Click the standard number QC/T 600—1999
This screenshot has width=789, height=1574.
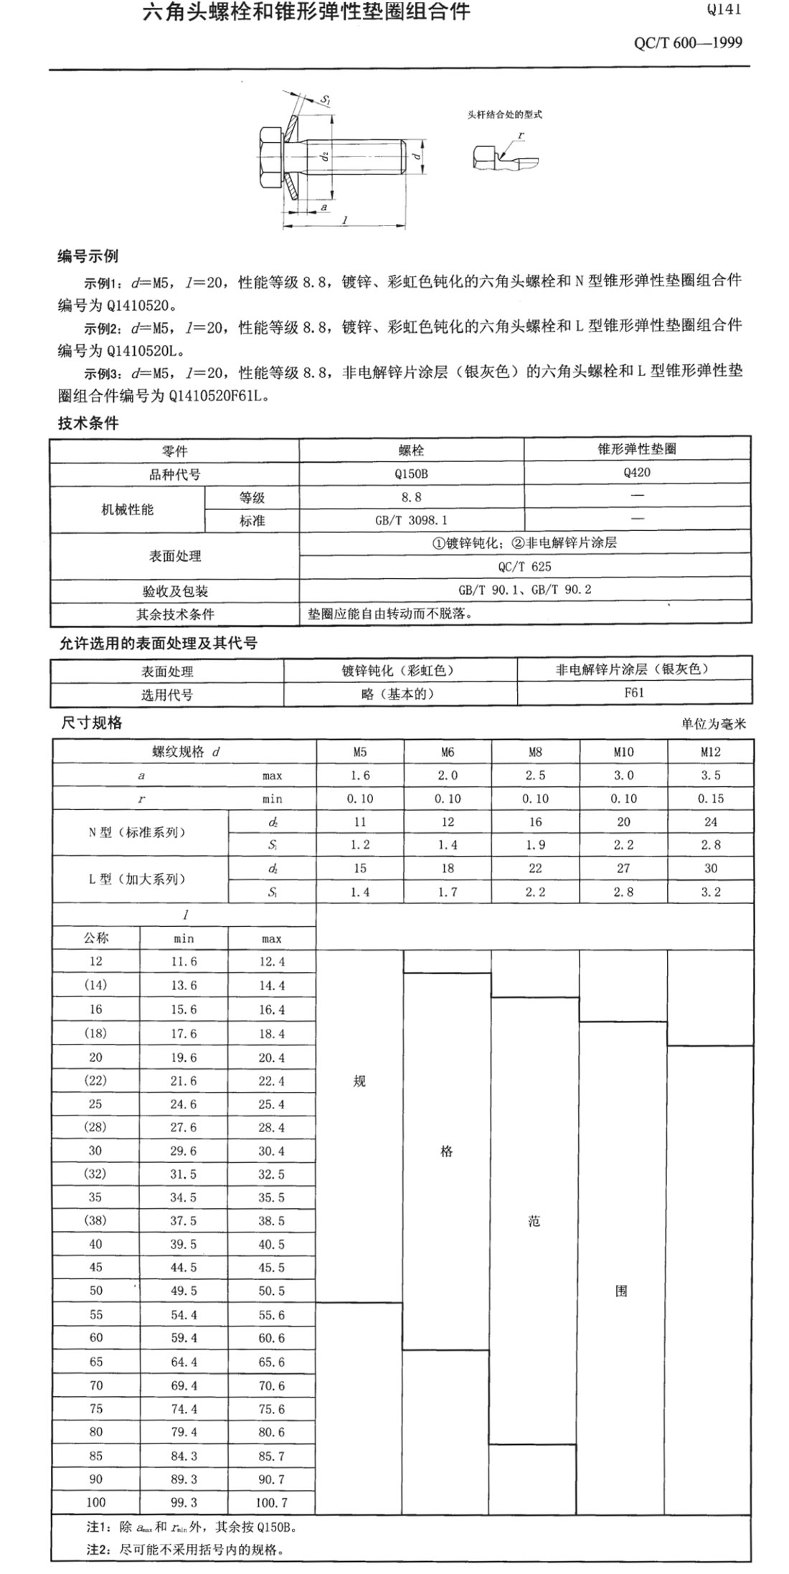[x=688, y=42]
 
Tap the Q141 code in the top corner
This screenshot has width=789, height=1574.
[x=723, y=10]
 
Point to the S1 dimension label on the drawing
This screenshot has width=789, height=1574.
[x=325, y=100]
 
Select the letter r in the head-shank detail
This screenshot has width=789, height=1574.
[x=521, y=136]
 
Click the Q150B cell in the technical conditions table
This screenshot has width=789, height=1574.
[x=411, y=473]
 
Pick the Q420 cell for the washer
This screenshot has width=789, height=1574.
[x=637, y=473]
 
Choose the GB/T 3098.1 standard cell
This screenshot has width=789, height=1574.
[x=411, y=520]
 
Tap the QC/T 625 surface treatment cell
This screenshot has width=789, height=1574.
[x=525, y=566]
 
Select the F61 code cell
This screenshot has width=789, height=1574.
[x=634, y=693]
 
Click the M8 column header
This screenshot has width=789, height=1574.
[x=535, y=752]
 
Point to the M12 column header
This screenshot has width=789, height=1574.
[x=710, y=752]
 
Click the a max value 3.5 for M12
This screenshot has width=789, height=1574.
[x=710, y=776]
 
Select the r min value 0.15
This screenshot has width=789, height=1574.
[x=710, y=798]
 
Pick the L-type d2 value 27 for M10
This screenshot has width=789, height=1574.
[x=623, y=868]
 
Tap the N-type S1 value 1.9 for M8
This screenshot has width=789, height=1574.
[x=535, y=845]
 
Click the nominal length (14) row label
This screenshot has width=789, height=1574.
[x=95, y=985]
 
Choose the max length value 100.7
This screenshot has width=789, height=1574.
[x=271, y=1502]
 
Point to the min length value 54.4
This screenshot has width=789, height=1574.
[x=184, y=1314]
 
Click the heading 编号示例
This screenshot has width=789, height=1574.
[x=88, y=256]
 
